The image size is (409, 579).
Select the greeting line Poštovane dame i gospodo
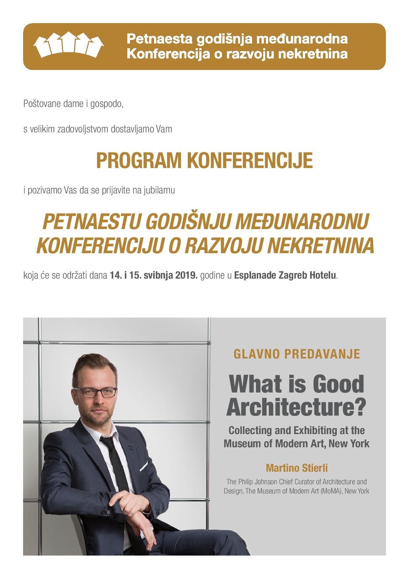pos(73,104)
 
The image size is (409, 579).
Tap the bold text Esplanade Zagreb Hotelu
pos(286,276)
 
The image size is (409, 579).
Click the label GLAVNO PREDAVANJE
pos(297,354)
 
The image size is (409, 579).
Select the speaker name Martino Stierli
pos(297,468)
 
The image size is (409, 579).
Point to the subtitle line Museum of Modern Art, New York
pos(297,443)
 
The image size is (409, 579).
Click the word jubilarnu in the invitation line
pos(161,190)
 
